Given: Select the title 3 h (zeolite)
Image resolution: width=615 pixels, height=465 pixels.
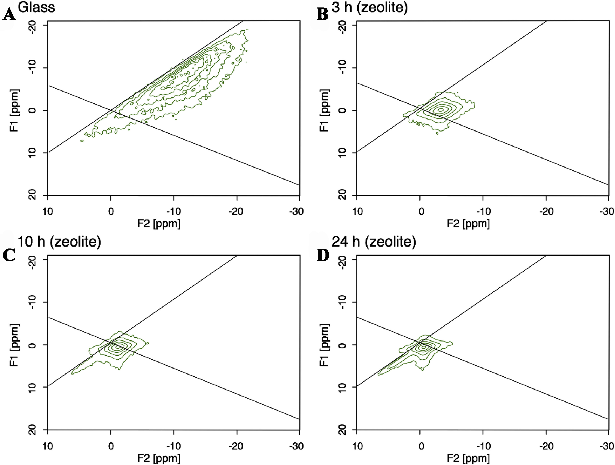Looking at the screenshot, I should coord(370,7).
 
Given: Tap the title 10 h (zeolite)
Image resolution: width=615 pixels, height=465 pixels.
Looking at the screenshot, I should coord(59,242).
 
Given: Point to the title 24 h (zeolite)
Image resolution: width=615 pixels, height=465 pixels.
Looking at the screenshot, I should coord(374,242).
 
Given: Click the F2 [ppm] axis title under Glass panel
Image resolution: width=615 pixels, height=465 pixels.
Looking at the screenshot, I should coord(159,223).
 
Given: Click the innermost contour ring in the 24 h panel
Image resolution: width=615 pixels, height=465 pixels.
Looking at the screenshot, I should coord(423,347).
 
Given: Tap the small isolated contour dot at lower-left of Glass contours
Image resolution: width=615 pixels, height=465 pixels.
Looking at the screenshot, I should coord(82,141).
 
